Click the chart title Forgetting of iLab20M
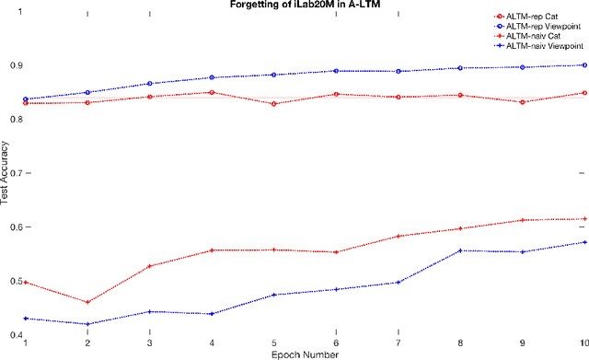click(303, 5)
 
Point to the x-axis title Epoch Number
click(304, 354)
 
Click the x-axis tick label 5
click(273, 343)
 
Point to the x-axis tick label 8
click(460, 343)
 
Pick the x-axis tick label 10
click(583, 343)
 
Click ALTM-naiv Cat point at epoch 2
click(87, 302)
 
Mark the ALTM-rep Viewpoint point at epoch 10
click(584, 64)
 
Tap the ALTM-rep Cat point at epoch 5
click(273, 104)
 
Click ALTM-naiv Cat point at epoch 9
click(523, 220)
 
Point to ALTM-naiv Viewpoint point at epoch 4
click(212, 314)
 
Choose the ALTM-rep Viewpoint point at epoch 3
click(149, 83)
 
